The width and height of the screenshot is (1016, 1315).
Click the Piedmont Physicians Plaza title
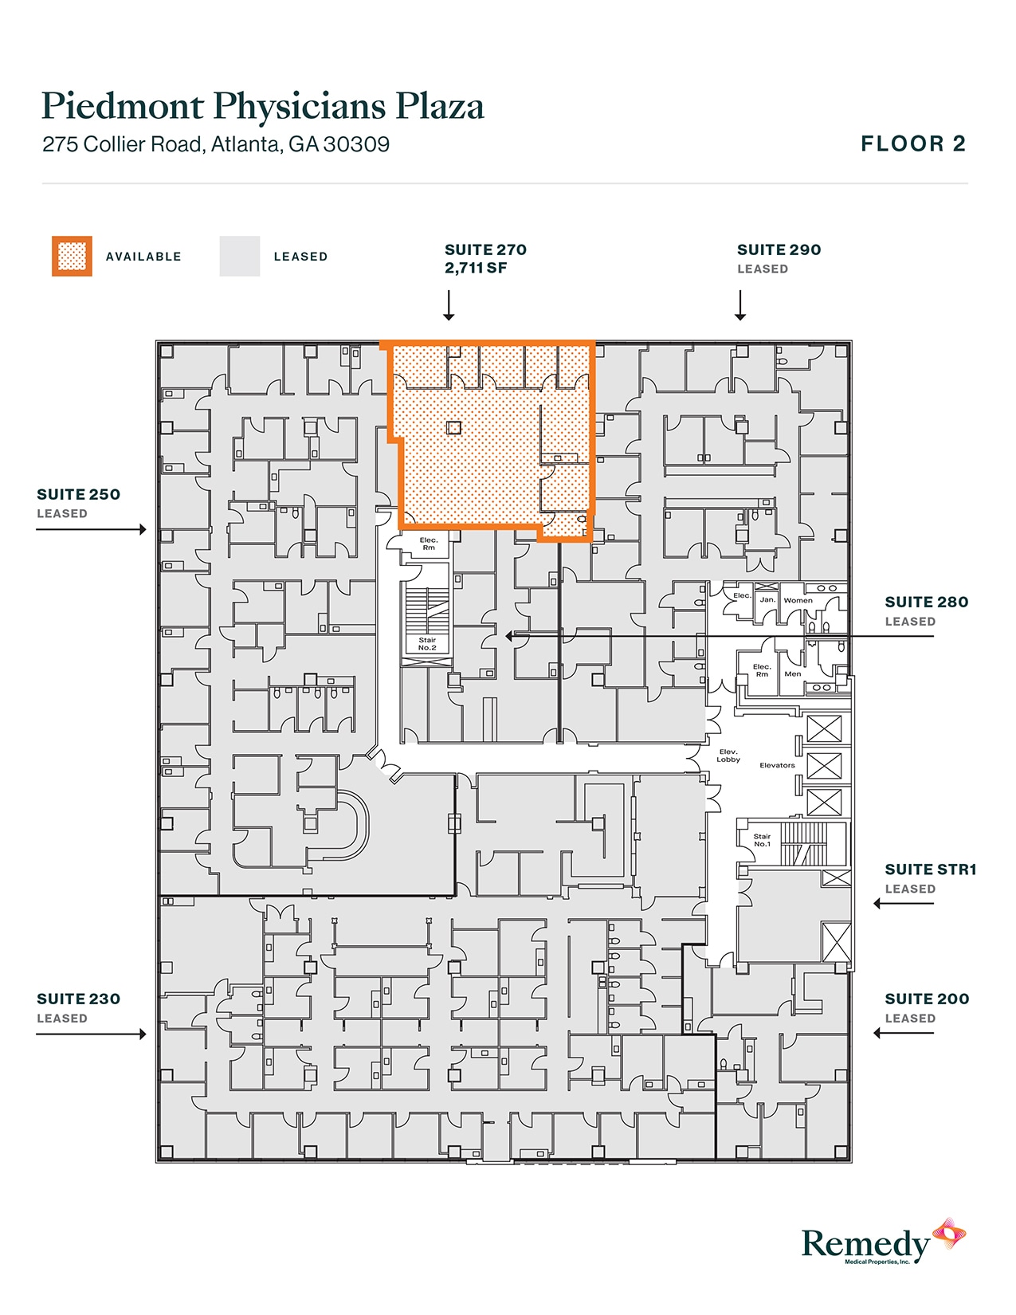tap(262, 106)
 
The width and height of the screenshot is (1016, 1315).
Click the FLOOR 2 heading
tap(912, 144)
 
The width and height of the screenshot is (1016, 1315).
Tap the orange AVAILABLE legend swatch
tap(72, 257)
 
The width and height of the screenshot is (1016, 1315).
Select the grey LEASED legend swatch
tap(240, 257)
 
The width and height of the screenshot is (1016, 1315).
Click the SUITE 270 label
tap(485, 249)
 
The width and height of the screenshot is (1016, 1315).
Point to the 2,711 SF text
tap(476, 269)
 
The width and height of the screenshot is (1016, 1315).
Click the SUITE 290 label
tap(779, 249)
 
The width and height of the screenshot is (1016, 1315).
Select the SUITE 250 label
tap(78, 494)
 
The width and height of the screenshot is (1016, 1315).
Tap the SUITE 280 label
tap(926, 602)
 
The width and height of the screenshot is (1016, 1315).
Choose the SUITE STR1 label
tap(930, 869)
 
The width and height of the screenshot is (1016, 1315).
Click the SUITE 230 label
tap(78, 999)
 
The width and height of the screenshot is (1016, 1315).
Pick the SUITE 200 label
tap(927, 999)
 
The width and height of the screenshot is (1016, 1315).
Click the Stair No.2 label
tap(427, 644)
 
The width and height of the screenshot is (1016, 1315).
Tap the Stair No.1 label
tap(762, 840)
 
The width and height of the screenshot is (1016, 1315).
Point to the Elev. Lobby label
tap(728, 756)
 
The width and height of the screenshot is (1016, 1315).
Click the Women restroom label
tap(798, 601)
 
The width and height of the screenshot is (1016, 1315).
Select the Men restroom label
tap(792, 674)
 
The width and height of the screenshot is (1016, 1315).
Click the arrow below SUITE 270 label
tap(449, 306)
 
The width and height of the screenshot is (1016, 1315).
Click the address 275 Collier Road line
tap(216, 144)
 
